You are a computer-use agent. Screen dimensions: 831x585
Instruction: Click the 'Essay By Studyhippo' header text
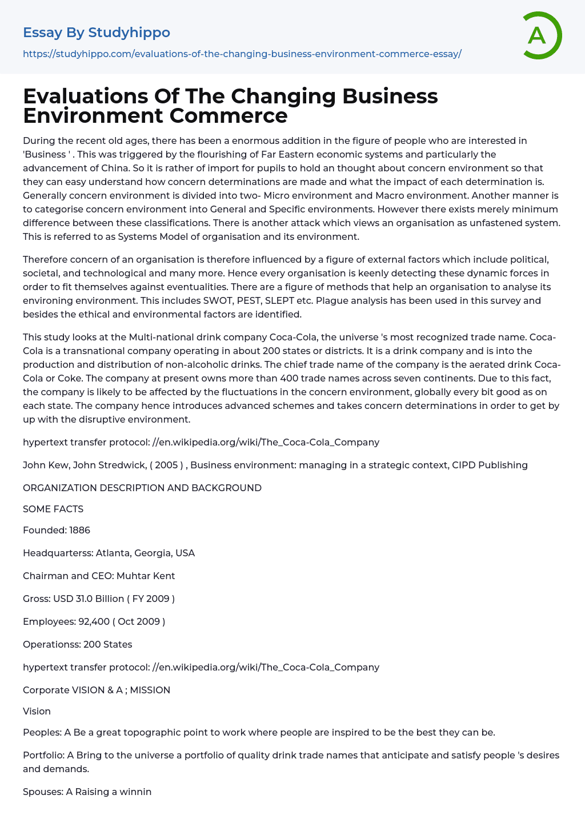(x=97, y=33)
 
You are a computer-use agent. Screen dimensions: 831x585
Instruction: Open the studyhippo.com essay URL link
(x=242, y=54)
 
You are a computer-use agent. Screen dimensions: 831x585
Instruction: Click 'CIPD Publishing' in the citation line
(x=490, y=465)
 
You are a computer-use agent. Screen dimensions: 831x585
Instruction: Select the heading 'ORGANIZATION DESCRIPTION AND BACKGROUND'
(x=142, y=488)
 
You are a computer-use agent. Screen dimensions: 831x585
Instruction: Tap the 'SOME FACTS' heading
(x=53, y=509)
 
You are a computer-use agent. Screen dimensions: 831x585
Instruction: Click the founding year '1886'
(x=79, y=530)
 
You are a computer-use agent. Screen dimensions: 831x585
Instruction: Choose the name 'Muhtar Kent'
(x=146, y=576)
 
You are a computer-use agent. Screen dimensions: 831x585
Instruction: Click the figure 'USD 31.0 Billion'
(x=89, y=599)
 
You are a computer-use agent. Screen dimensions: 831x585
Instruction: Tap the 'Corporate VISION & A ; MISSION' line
(x=97, y=690)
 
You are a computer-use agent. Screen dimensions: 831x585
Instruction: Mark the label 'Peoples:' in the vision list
(x=42, y=732)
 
